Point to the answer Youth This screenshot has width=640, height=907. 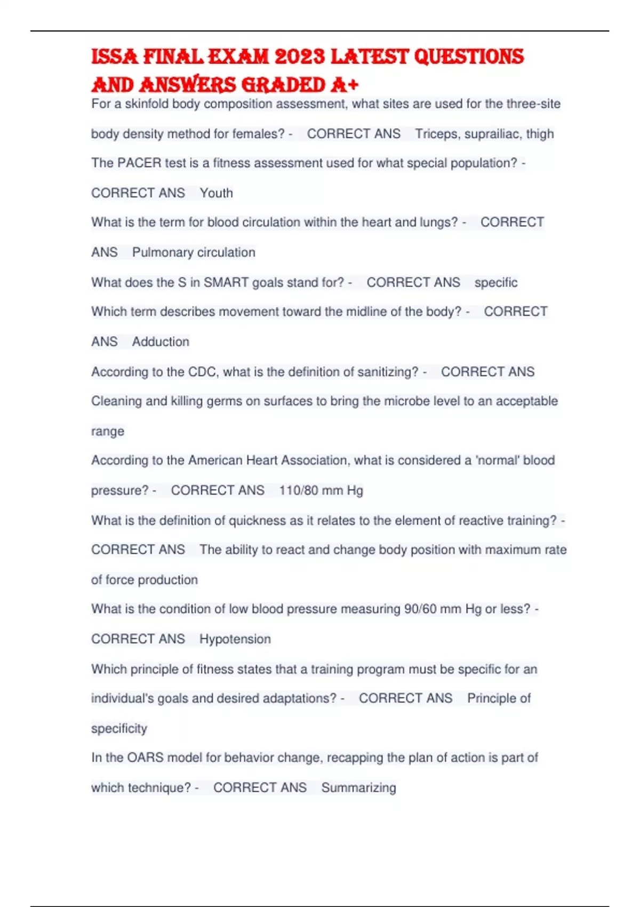coord(216,193)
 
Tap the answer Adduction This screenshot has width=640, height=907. coord(161,341)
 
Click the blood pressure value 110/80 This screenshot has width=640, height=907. coord(299,490)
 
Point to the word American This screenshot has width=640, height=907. coord(215,460)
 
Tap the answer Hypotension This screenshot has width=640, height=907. coord(235,639)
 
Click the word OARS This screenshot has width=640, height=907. coord(146,758)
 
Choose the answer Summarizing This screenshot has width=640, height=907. coord(358,787)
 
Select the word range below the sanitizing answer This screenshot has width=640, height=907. coord(108,431)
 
